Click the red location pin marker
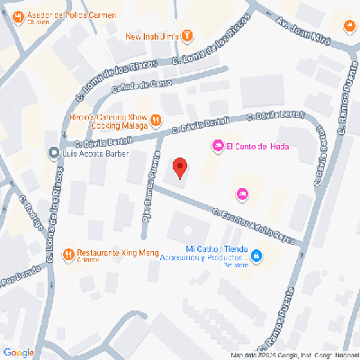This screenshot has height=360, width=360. point(180,168)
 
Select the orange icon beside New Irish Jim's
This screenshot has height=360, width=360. point(187,36)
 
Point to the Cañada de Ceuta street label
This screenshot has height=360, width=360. point(141,85)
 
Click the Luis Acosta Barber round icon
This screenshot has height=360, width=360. point(55,153)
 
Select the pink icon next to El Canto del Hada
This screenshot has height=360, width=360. point(217,147)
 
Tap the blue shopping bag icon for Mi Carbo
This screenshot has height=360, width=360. point(256,257)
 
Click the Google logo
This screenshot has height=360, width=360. point(19,352)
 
